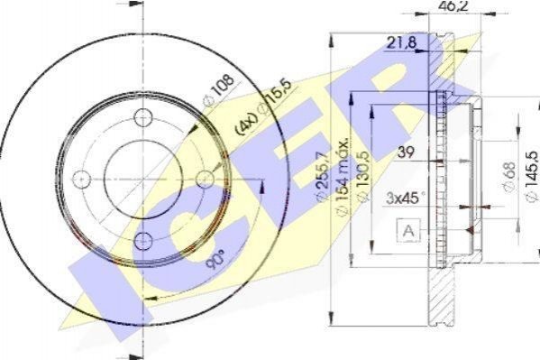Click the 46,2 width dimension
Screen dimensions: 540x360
(453, 5)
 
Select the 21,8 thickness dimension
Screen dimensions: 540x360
(401, 42)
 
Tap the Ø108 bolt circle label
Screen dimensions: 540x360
(219, 90)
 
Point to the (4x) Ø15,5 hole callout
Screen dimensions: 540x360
(263, 106)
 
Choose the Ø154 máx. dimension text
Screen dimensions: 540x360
(343, 178)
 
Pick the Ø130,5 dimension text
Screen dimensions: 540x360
(363, 176)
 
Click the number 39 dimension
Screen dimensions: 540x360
(406, 152)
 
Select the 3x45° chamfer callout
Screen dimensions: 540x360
(405, 198)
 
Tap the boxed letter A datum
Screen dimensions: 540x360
(408, 231)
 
